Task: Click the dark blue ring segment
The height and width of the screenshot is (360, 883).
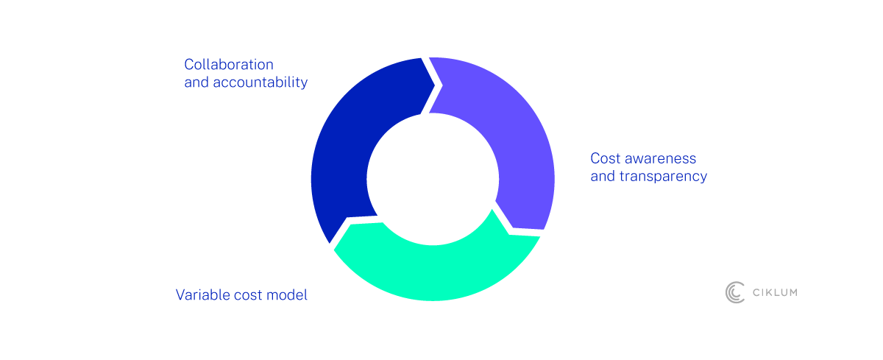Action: pyautogui.click(x=343, y=158)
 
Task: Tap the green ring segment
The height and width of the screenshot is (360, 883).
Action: pyautogui.click(x=433, y=272)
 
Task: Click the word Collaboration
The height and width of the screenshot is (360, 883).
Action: pyautogui.click(x=229, y=65)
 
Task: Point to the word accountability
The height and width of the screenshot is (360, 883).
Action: pyautogui.click(x=260, y=82)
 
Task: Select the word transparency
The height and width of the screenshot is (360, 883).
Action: pyautogui.click(x=664, y=176)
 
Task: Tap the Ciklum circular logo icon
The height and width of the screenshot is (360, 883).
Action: pyautogui.click(x=735, y=292)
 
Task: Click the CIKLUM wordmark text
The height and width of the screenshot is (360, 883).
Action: pyautogui.click(x=775, y=292)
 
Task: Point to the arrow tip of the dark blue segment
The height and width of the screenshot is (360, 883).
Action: pyautogui.click(x=434, y=85)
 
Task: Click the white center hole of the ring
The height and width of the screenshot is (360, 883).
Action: pyautogui.click(x=433, y=180)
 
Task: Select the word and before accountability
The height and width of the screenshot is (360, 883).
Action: pyautogui.click(x=196, y=82)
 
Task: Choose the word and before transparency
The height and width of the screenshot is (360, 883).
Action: pyautogui.click(x=603, y=176)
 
